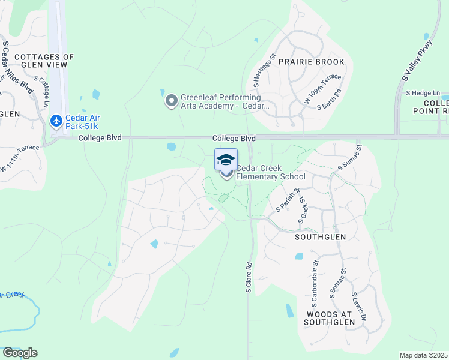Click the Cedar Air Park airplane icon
[x=56, y=121]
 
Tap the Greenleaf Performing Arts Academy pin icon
[x=172, y=101]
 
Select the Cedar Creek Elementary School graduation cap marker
[x=226, y=160]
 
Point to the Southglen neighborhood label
[x=318, y=237]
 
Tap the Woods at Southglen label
[x=331, y=318]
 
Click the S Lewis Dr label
[x=359, y=307]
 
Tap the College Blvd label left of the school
[x=100, y=138]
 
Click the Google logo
[x=20, y=353]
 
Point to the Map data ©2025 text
[x=423, y=355]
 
